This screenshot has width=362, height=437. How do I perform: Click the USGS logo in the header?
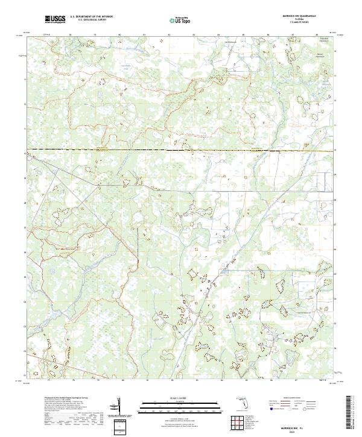(55, 19)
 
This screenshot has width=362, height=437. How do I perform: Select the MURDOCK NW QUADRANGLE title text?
(299, 14)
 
